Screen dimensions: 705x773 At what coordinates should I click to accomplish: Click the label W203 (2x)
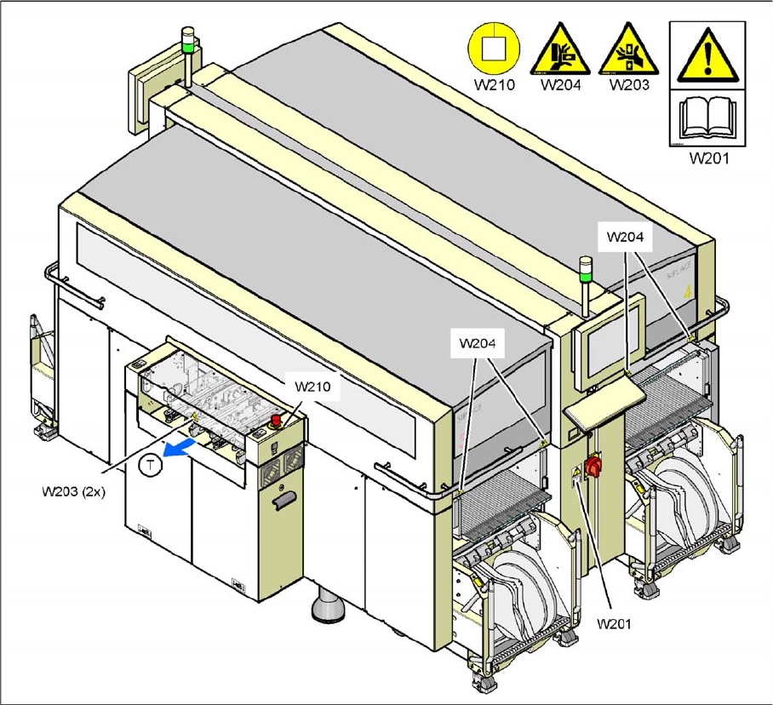74,490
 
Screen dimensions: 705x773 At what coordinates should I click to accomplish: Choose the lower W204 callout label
478,343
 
